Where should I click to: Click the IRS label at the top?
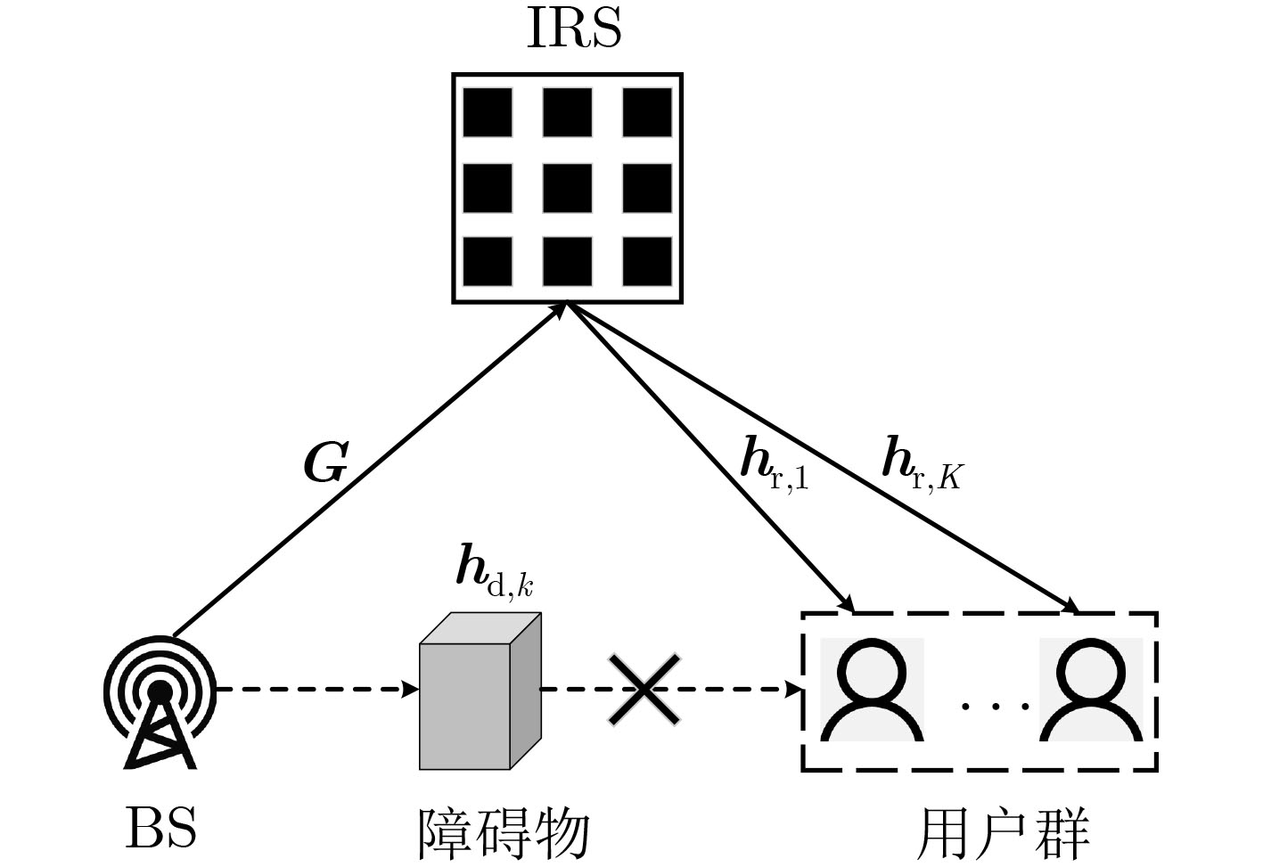(574, 29)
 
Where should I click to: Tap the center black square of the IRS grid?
(567, 188)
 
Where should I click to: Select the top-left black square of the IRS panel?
(488, 112)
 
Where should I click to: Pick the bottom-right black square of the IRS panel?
(646, 261)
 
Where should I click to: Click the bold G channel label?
(325, 463)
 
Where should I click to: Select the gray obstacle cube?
(480, 691)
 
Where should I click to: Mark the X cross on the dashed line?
(644, 689)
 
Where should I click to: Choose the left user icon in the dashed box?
(871, 691)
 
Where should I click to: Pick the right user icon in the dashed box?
(1091, 691)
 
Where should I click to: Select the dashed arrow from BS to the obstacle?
(316, 689)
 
